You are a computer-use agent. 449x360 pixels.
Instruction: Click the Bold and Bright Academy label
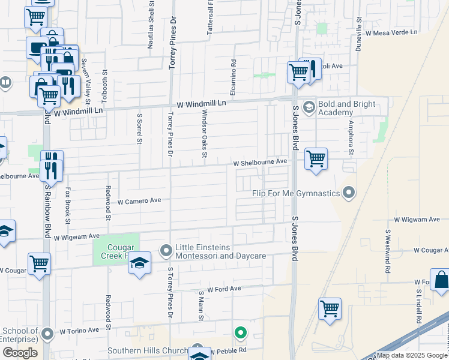pyautogui.click(x=347, y=108)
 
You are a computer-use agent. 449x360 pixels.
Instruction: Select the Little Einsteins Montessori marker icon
pyautogui.click(x=166, y=249)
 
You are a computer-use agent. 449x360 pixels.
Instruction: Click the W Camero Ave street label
pyautogui.click(x=139, y=201)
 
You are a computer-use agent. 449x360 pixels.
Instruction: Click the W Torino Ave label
pyautogui.click(x=79, y=331)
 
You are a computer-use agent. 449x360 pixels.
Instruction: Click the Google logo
pyautogui.click(x=20, y=353)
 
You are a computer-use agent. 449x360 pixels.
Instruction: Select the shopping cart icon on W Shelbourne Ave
pyautogui.click(x=316, y=159)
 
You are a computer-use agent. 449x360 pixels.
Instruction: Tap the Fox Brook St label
pyautogui.click(x=68, y=205)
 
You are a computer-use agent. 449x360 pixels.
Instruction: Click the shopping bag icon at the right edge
pyautogui.click(x=441, y=280)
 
